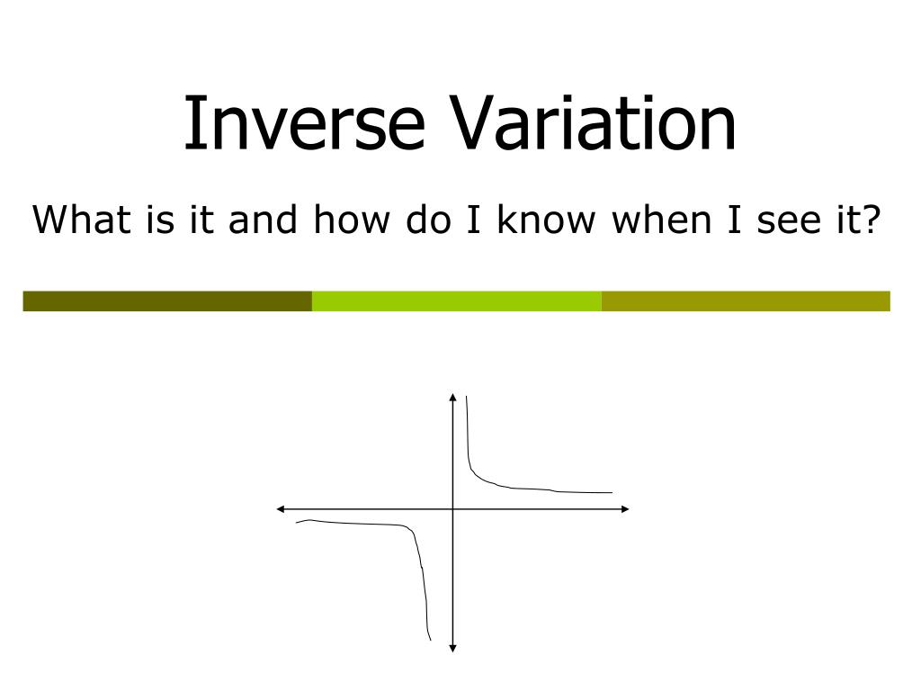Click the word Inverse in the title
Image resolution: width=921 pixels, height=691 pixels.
tap(303, 123)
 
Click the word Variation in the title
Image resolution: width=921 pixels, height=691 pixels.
tap(594, 123)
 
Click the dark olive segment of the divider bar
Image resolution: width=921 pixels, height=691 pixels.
tap(167, 301)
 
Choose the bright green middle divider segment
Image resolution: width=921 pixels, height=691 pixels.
tap(456, 301)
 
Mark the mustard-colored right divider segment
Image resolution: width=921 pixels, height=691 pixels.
tap(746, 301)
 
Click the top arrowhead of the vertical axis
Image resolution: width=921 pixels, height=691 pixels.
tap(452, 396)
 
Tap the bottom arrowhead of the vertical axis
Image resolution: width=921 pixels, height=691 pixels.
tap(452, 647)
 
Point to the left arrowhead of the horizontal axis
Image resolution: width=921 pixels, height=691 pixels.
tap(281, 509)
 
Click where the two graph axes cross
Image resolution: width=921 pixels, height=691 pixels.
tap(452, 509)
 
